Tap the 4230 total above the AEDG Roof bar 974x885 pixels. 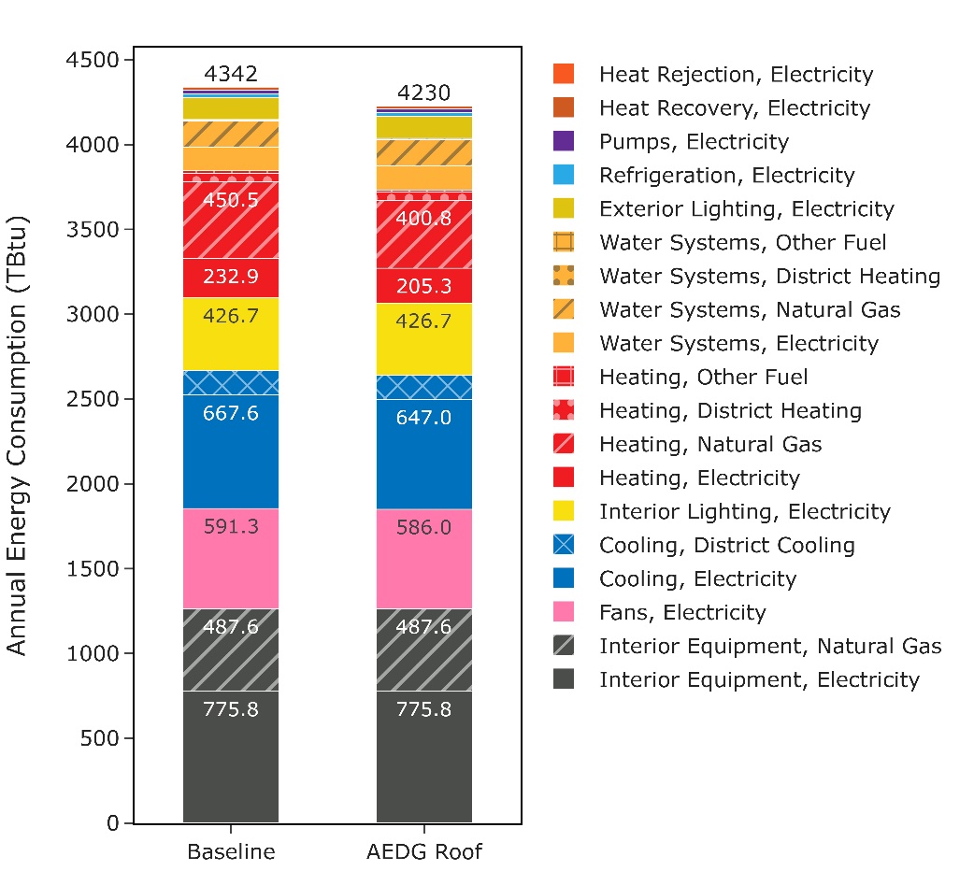423,93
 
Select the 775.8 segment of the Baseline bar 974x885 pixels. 230,757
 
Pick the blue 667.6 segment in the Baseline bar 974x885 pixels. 230,439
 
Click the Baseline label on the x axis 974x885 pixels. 231,852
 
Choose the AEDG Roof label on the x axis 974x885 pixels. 424,852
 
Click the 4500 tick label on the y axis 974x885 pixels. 94,61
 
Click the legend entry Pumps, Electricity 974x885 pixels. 694,142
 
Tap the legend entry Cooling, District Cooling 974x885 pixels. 726,546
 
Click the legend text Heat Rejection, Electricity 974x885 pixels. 736,75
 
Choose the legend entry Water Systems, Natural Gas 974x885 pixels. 750,309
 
